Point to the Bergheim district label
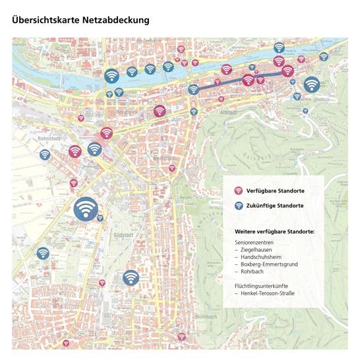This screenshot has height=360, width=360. point(125,112)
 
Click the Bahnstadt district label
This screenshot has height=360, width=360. point(49,139)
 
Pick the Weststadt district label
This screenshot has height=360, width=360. point(164,159)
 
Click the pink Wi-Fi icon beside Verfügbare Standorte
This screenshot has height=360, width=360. point(239,191)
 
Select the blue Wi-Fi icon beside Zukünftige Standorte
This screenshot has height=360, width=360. point(239,206)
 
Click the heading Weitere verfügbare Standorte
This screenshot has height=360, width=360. point(274,232)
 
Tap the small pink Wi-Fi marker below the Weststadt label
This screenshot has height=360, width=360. point(172,168)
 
